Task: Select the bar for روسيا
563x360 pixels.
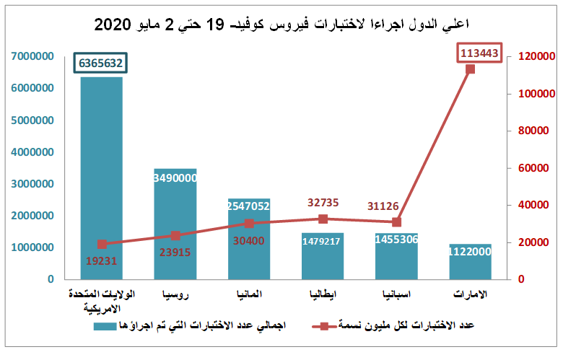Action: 175,224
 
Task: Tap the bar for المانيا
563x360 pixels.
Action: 249,239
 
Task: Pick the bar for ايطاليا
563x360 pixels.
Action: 323,255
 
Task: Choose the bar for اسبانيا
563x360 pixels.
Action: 396,256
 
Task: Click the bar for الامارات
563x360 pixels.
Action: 470,261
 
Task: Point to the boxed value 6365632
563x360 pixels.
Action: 101,63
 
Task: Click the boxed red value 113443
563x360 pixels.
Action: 480,53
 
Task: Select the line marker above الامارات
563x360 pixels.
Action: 470,69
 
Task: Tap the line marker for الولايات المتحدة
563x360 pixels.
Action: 102,244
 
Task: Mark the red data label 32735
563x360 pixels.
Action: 323,203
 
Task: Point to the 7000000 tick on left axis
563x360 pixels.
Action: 31,56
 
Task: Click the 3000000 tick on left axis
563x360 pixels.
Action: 31,184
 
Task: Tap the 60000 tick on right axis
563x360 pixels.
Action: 532,168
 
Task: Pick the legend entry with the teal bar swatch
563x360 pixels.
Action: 195,325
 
